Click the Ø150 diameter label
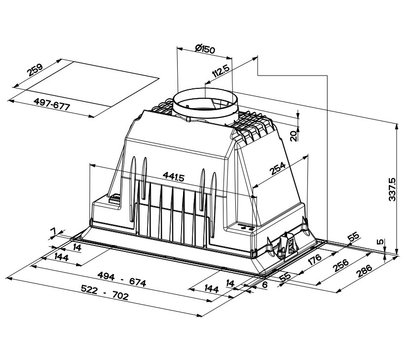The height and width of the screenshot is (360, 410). (205, 49)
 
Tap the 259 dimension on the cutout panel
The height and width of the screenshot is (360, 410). (35, 70)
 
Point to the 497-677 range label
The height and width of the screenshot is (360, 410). (52, 104)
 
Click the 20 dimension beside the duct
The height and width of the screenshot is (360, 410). (293, 136)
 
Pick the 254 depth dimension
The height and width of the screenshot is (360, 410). (278, 168)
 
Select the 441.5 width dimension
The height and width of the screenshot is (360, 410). (173, 176)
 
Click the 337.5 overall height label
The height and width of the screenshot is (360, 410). (392, 189)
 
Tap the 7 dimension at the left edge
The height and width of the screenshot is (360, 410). (53, 231)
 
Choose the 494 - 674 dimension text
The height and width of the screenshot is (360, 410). (122, 279)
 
